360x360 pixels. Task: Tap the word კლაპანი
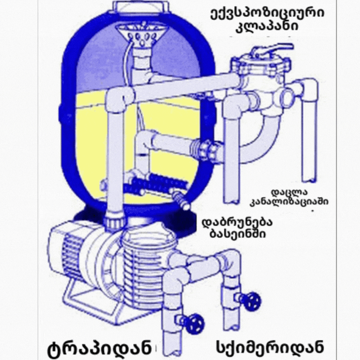pos(267,26)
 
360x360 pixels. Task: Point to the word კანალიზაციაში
pos(289,201)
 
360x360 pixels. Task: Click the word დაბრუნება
pos(237,222)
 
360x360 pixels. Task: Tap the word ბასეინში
pos(237,234)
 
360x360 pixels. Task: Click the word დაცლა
pos(289,192)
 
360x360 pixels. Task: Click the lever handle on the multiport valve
pos(273,49)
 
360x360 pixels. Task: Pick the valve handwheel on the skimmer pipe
pos(252,301)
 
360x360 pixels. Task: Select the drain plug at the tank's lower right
pos(181,199)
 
